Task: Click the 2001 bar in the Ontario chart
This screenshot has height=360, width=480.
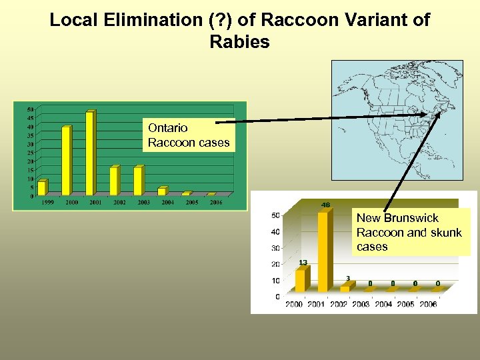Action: pos(90,153)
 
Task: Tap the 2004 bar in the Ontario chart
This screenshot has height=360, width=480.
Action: pos(162,191)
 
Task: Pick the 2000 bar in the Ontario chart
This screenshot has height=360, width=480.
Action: pos(66,161)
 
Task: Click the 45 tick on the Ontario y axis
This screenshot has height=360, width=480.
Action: pos(31,118)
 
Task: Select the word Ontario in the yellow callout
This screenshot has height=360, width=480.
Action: pos(168,128)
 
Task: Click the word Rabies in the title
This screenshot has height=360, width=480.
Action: pos(239,42)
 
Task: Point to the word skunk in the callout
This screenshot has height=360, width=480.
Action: pos(446,232)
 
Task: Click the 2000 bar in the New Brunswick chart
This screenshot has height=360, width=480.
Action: pos(300,280)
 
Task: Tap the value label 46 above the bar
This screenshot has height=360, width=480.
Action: pos(326,205)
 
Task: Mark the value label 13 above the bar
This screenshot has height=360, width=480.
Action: pos(303,263)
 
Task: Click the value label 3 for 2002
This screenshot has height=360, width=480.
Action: pos(348,278)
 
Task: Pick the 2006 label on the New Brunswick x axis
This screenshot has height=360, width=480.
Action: pos(428,305)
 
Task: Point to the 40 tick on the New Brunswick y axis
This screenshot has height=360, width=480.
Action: pos(275,232)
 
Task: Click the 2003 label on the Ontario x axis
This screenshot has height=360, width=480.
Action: pos(143,202)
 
